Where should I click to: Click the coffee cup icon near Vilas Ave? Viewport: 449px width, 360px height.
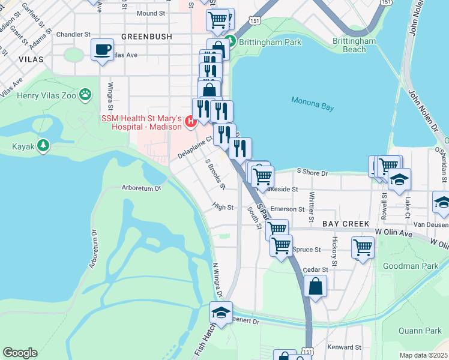[x=103, y=49]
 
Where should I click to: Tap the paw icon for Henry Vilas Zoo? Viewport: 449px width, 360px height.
[x=86, y=94]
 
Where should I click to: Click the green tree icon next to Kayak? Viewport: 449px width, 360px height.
[x=43, y=146]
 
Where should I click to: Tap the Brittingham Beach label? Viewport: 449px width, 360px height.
[x=354, y=45]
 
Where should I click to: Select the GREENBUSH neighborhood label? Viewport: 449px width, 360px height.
[x=146, y=37]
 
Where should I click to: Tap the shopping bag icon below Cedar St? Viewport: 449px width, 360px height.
[x=315, y=287]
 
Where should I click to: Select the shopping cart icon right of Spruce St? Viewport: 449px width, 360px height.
[x=363, y=247]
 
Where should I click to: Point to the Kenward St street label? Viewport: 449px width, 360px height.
[x=345, y=347]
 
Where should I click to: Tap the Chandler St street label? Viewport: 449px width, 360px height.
[x=73, y=34]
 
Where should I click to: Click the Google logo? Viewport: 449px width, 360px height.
[x=20, y=353]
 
